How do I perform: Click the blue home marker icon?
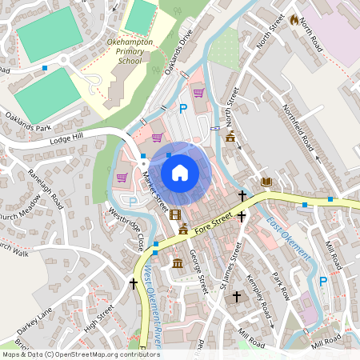click(180, 172)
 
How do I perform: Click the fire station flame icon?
click(294, 19)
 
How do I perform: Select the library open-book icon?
click(266, 182)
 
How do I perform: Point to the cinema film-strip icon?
click(175, 214)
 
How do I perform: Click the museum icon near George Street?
click(177, 263)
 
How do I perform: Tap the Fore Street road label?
click(217, 218)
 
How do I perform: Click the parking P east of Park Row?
click(323, 281)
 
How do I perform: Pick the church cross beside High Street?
click(134, 283)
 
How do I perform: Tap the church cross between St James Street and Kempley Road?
click(236, 297)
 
